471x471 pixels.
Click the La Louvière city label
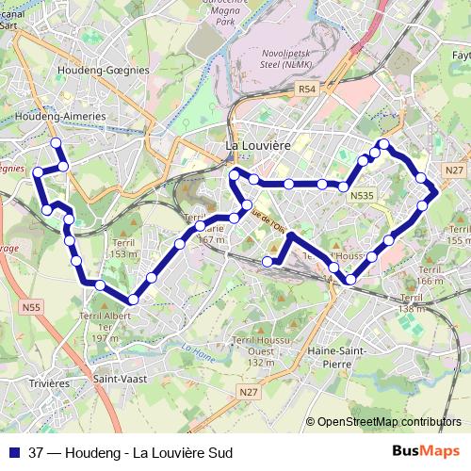(x=257, y=146)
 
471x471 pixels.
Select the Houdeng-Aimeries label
(x=60, y=116)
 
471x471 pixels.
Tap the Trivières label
(x=49, y=383)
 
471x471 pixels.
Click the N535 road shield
(x=361, y=196)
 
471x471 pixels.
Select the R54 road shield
(x=306, y=89)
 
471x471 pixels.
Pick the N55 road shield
(x=32, y=307)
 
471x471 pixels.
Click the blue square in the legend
(x=13, y=453)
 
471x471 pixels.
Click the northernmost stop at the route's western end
(x=56, y=143)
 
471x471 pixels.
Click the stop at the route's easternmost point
(x=432, y=186)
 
